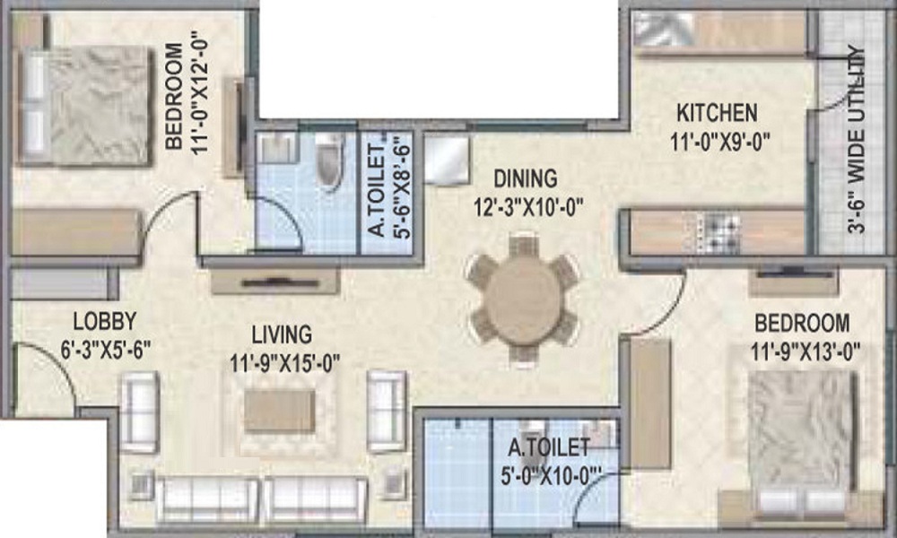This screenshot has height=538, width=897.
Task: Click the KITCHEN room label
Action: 717,114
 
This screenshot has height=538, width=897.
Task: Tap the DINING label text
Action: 530,178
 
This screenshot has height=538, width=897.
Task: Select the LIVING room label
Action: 282,334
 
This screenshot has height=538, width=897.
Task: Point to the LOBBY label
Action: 104,320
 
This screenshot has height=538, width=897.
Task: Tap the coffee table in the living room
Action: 280,410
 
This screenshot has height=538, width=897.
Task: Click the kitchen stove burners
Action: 723,232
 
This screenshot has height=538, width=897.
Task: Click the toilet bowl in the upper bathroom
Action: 330,162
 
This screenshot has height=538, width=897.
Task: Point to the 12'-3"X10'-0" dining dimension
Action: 530,208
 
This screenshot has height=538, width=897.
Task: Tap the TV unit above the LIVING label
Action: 274,281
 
